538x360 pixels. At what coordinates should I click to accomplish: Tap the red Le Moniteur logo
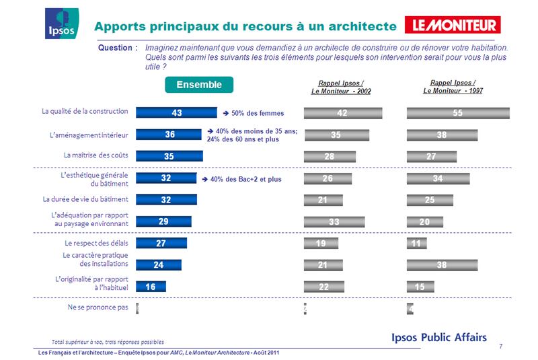click(453, 26)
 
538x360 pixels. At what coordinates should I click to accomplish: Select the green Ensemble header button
click(200, 85)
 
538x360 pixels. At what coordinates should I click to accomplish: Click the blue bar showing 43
click(176, 114)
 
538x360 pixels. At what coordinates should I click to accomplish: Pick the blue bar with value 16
click(151, 287)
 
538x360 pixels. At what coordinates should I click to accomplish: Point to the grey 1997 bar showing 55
click(458, 114)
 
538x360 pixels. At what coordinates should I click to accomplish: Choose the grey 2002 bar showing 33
click(334, 221)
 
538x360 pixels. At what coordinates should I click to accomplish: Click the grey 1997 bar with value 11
click(417, 244)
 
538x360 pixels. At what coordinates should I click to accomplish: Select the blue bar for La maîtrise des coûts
click(169, 157)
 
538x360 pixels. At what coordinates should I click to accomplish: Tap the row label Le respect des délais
click(97, 243)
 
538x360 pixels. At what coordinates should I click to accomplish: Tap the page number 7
click(501, 346)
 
